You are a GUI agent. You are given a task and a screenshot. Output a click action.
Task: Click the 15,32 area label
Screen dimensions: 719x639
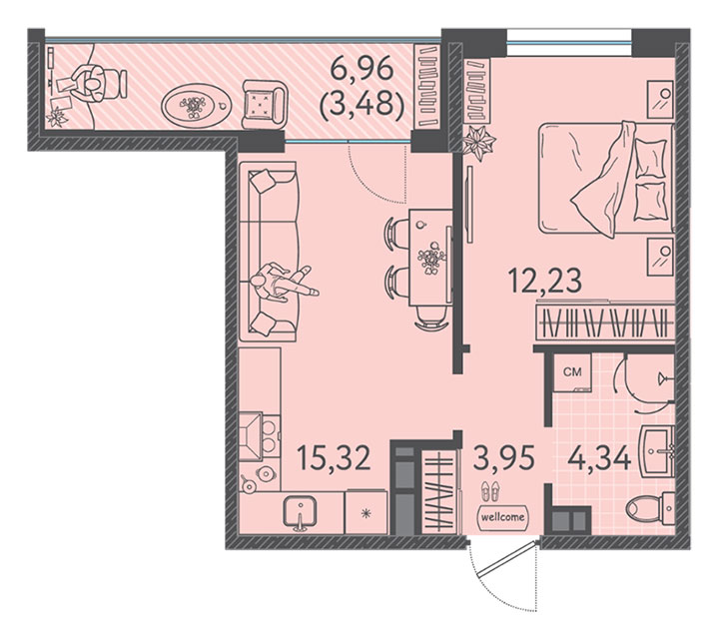(334, 457)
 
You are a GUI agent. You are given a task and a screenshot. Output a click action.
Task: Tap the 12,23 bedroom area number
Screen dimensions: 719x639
(545, 281)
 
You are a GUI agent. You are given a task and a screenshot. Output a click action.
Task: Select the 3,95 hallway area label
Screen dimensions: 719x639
(503, 457)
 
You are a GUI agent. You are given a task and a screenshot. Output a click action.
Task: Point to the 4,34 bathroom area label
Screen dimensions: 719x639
(599, 457)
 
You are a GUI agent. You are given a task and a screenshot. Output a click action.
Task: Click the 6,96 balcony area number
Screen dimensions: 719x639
(361, 70)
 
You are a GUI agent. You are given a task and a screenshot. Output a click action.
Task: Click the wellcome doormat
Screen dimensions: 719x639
(502, 517)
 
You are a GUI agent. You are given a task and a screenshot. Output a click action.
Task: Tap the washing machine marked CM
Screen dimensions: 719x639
(572, 372)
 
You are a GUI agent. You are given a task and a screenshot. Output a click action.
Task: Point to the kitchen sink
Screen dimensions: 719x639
(300, 513)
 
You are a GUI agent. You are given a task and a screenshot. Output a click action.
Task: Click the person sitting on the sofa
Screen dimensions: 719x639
(282, 283)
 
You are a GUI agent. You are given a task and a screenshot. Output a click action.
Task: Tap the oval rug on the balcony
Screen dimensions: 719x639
(197, 107)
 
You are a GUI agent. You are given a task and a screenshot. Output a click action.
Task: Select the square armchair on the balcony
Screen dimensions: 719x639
(264, 105)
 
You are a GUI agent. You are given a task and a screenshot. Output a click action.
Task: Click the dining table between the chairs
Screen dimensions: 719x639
(430, 258)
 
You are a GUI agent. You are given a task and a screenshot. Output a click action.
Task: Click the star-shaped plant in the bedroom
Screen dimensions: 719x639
(478, 143)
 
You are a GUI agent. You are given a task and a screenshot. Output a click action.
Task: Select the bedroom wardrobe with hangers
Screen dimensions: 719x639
(605, 322)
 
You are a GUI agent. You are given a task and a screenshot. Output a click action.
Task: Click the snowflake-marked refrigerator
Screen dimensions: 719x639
(365, 513)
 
